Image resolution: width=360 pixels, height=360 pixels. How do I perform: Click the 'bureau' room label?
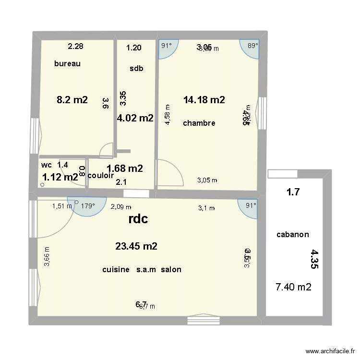tap(67, 63)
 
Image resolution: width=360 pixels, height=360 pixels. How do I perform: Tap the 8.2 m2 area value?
tap(72, 100)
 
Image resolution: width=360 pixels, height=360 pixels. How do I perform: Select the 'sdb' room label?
tap(136, 68)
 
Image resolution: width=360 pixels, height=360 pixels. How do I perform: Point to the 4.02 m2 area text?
tap(135, 118)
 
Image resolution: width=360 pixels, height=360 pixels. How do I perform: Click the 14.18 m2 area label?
tap(204, 100)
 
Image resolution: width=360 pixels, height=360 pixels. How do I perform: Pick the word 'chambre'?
tap(199, 123)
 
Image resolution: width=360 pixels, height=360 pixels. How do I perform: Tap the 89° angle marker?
tap(252, 46)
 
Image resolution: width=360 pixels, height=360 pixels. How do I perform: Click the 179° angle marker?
tap(88, 206)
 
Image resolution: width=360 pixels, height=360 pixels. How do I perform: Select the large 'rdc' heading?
tap(138, 219)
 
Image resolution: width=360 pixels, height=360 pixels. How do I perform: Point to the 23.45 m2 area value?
tap(136, 246)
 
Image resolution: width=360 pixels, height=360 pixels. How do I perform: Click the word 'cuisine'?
tap(116, 270)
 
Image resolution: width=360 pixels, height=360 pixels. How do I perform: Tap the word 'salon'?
tap(171, 270)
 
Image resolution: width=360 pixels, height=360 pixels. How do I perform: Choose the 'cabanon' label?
tap(293, 235)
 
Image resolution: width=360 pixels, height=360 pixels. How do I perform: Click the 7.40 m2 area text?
tap(293, 287)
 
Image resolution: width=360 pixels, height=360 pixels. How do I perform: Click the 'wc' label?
tap(47, 165)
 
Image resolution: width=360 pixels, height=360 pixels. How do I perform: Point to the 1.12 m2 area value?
tap(60, 177)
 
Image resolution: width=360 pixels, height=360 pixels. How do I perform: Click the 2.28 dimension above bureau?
tap(75, 47)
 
